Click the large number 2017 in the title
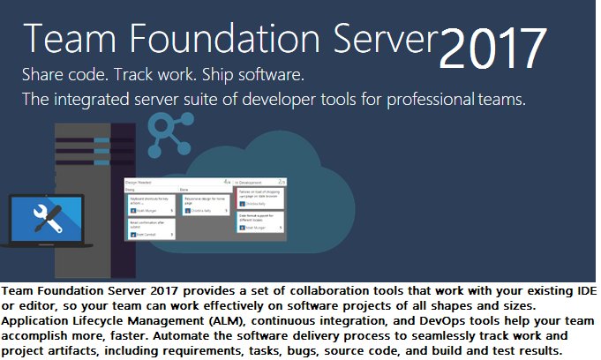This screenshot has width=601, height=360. coord(492,49)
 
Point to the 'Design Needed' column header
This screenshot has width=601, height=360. coord(141,182)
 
